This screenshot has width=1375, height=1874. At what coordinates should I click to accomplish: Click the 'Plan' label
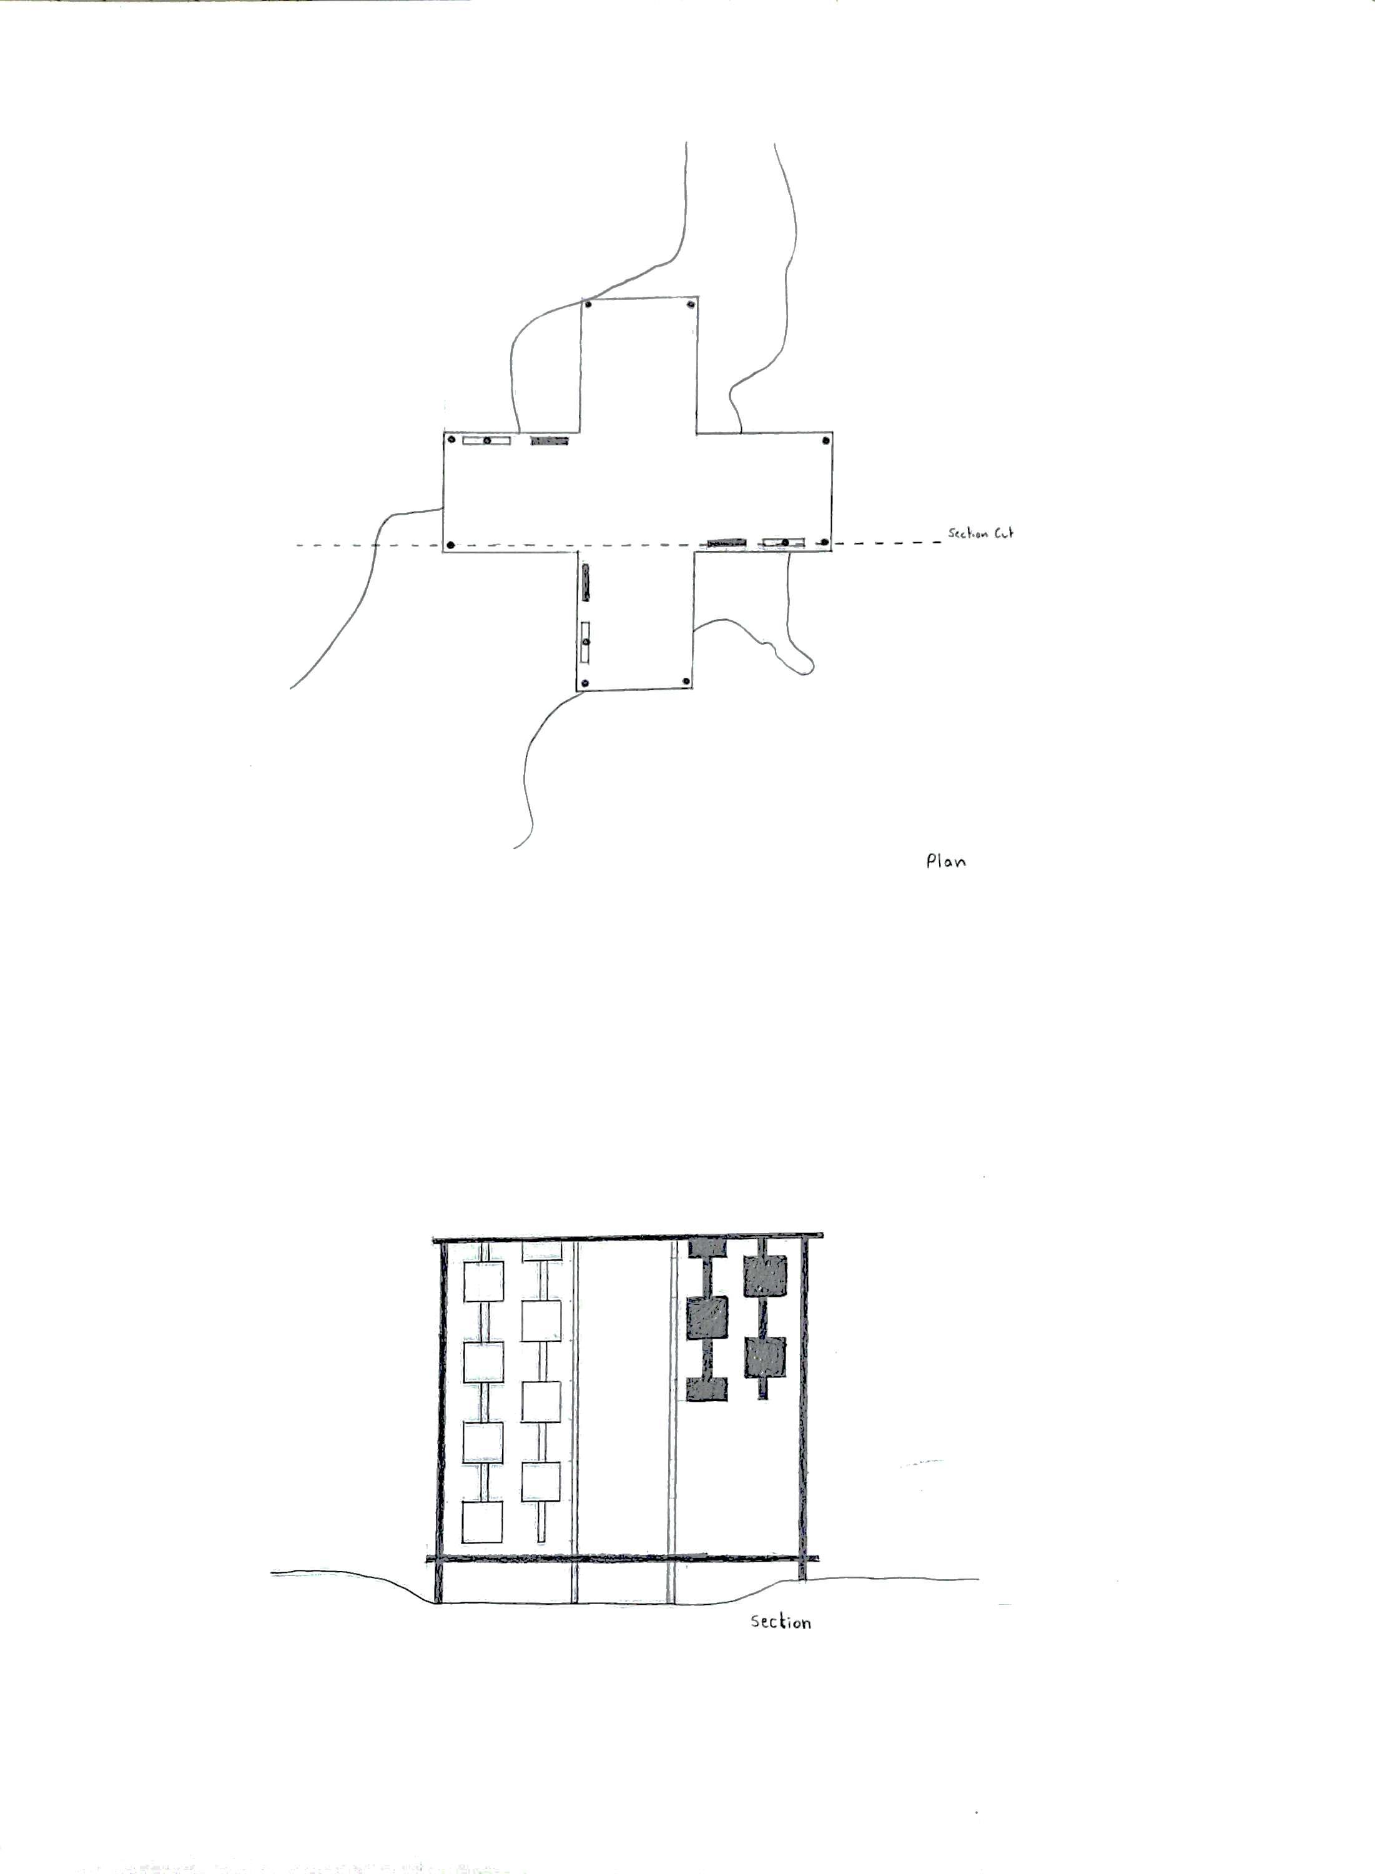(945, 861)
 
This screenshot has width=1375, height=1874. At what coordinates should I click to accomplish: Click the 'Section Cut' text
(980, 533)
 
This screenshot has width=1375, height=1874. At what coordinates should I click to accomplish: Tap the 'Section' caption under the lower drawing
(780, 1621)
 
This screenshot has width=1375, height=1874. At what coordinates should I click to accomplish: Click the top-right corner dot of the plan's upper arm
(690, 305)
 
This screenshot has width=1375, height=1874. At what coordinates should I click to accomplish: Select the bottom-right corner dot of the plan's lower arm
(687, 680)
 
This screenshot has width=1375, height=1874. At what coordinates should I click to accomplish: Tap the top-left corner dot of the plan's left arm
(450, 440)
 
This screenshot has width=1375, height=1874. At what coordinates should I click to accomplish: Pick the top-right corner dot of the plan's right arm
(825, 440)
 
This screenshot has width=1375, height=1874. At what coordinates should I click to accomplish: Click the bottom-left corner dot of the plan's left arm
(451, 545)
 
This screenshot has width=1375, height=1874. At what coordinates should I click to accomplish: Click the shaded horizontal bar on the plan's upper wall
(550, 440)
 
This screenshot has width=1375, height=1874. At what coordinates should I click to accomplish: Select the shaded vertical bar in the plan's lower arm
(586, 582)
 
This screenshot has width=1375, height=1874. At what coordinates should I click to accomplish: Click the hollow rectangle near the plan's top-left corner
(486, 440)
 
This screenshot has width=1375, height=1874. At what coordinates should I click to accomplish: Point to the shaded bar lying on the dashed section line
(727, 543)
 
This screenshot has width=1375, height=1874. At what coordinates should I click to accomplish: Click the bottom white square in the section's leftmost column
(483, 1522)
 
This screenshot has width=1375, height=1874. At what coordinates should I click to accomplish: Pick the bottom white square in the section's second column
(541, 1481)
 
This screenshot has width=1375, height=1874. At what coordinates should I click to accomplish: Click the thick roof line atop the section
(628, 1238)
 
